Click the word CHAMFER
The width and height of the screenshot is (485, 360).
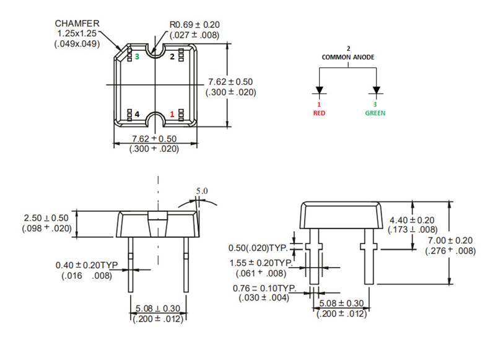point(77,23)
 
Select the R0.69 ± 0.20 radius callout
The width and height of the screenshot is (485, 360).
point(194,25)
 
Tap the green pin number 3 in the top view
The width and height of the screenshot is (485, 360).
point(137,56)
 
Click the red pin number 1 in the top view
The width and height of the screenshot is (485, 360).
point(173,114)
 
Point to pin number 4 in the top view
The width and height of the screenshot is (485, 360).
point(137,114)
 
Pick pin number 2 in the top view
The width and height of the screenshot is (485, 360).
point(173,56)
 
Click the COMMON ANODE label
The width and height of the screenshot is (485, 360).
point(347,57)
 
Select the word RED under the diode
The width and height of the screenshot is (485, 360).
point(319,113)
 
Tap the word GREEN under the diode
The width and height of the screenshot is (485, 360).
point(375,113)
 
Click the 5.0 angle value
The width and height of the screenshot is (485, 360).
point(202,191)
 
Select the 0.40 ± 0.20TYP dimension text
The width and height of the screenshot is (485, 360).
point(87,265)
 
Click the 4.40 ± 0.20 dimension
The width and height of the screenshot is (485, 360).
point(413,220)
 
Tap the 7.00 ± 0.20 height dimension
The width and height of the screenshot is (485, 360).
point(450,240)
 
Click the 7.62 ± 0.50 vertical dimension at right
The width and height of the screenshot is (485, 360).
point(230,82)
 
